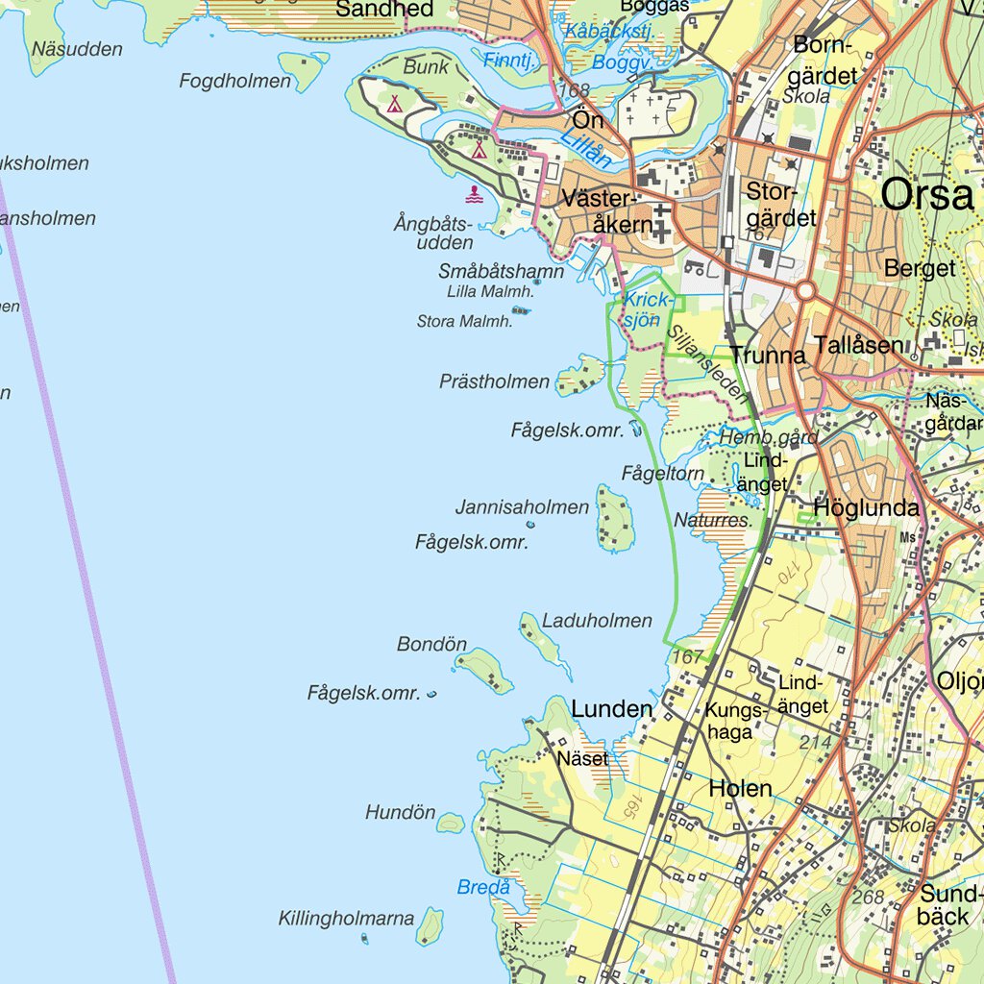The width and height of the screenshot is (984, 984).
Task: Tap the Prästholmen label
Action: tap(494, 381)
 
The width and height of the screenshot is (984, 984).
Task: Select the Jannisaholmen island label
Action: tap(522, 506)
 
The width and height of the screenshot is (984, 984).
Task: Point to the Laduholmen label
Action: tap(597, 621)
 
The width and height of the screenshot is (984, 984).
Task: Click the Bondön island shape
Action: tap(483, 669)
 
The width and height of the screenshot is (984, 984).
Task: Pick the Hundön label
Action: tap(400, 813)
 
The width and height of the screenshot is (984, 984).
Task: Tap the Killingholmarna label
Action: tap(346, 918)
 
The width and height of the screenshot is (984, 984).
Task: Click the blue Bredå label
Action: tap(483, 888)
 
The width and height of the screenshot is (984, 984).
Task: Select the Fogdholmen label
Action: tap(234, 82)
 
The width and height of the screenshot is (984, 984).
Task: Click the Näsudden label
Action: tap(77, 49)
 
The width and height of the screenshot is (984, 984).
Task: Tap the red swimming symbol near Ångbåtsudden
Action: tap(475, 196)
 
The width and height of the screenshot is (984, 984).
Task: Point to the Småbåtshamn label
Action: tap(501, 272)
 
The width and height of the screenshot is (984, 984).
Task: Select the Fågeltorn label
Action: tap(663, 473)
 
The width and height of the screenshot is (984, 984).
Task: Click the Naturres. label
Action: tap(712, 520)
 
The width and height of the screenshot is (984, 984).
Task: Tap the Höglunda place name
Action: tap(866, 508)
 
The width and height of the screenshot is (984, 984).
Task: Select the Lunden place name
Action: tap(611, 709)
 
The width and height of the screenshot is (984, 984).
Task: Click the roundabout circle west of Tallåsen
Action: tap(805, 291)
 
